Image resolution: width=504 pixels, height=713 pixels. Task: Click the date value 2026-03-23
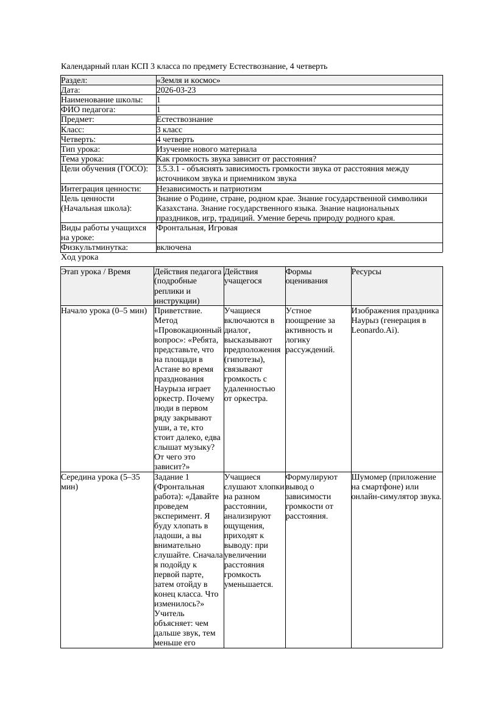pyautogui.click(x=176, y=90)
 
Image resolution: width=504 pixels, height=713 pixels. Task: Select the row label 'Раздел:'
pyautogui.click(x=74, y=80)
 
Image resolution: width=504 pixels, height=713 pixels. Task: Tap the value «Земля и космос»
pyautogui.click(x=188, y=80)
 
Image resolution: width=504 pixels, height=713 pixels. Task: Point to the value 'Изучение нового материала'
pyautogui.click(x=207, y=149)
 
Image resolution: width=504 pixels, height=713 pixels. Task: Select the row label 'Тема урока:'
pyautogui.click(x=82, y=159)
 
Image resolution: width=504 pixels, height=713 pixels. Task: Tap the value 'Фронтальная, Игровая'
pyautogui.click(x=197, y=228)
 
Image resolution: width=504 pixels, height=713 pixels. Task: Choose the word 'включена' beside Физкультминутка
pyautogui.click(x=174, y=247)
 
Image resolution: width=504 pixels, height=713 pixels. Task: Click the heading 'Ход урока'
pyautogui.click(x=79, y=257)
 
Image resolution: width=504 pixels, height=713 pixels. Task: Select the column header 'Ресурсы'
pyautogui.click(x=366, y=272)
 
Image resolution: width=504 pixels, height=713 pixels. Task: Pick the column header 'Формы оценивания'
pyautogui.click(x=307, y=276)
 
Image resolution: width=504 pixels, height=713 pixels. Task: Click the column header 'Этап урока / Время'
pyautogui.click(x=96, y=272)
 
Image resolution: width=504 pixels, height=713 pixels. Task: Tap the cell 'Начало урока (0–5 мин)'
pyautogui.click(x=104, y=311)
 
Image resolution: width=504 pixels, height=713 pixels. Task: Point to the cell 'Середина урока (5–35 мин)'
pyautogui.click(x=101, y=482)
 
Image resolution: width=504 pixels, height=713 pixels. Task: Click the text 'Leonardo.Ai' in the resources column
pyautogui.click(x=375, y=330)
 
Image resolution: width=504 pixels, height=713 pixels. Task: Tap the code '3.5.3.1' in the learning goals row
pyautogui.click(x=170, y=169)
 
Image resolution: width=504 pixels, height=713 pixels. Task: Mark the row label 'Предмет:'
pyautogui.click(x=77, y=119)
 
